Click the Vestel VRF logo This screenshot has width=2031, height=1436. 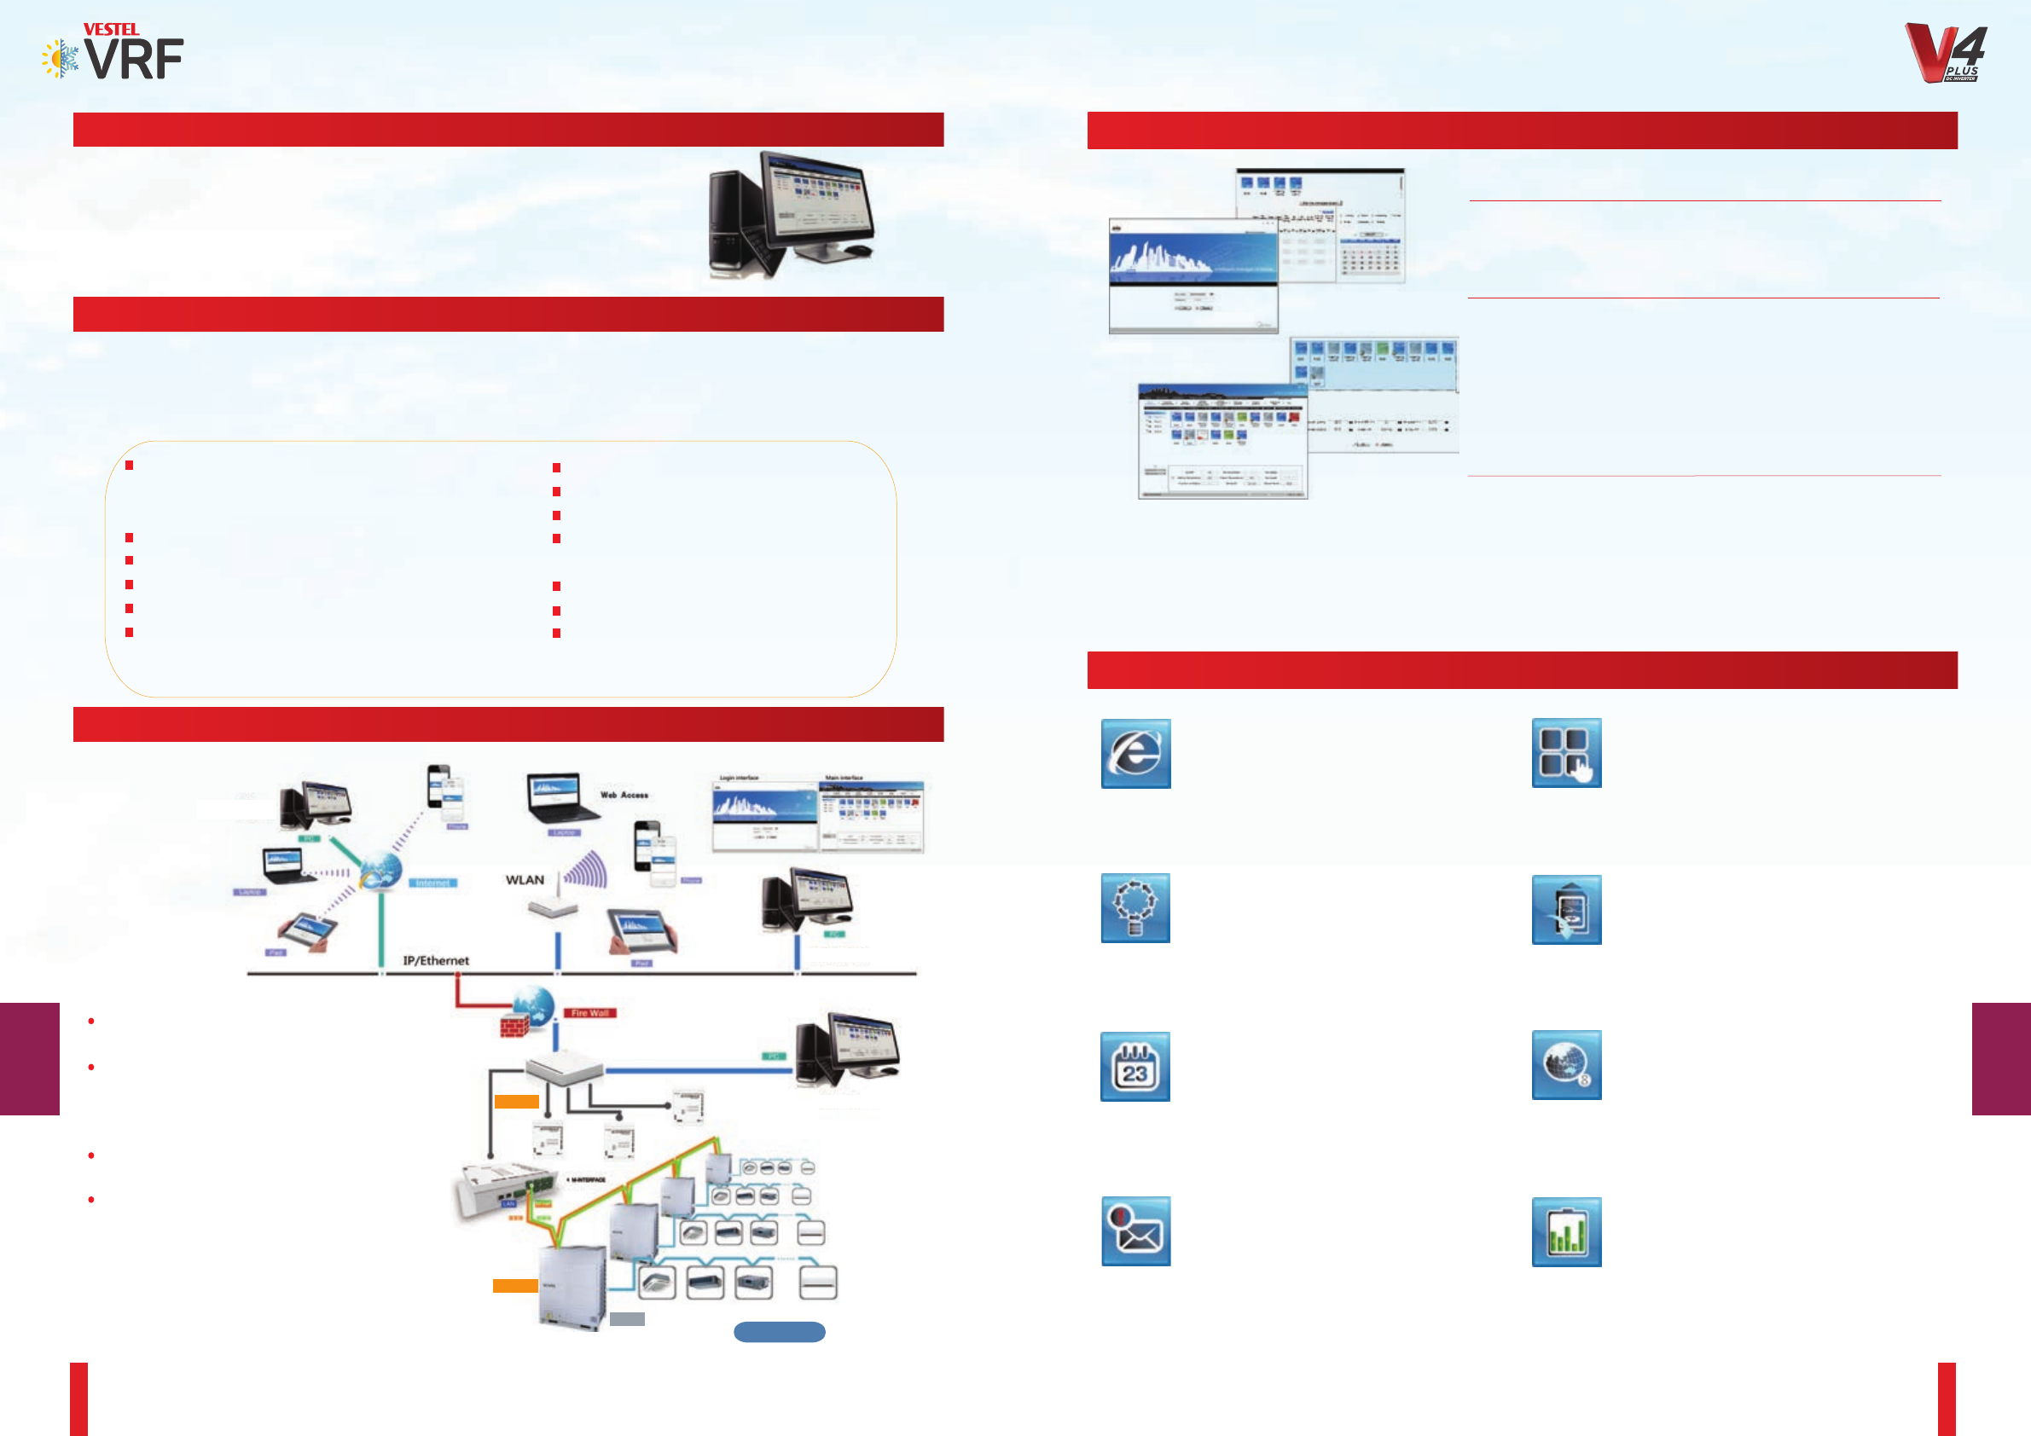coord(113,53)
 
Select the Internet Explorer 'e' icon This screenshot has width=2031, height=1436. coord(1136,753)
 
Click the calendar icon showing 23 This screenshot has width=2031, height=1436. coord(1134,1067)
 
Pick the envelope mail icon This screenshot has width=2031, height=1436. coord(1136,1230)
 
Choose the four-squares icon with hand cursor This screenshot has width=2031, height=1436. coord(1567,752)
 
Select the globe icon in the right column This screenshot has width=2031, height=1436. coord(1567,1064)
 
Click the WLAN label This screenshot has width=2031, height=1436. coord(525,880)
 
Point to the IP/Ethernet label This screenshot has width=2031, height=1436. coord(436,960)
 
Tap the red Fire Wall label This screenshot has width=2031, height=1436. coord(590,1013)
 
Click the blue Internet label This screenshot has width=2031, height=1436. coord(432,883)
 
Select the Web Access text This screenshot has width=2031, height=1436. coord(624,795)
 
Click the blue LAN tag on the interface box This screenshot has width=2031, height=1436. coord(508,1203)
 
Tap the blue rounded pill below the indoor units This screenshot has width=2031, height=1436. coord(780,1332)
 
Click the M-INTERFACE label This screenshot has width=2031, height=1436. coord(587,1179)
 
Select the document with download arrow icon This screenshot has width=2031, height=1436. coord(1567,910)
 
